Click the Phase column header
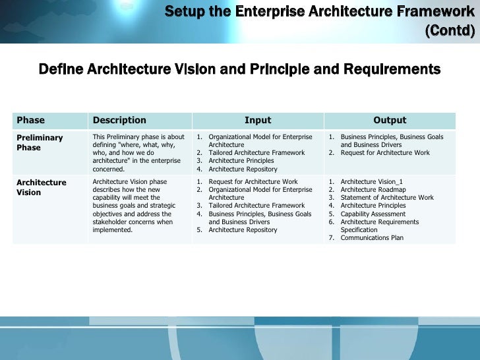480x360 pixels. coord(30,120)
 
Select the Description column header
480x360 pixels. coord(119,120)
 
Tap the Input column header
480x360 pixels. coord(258,120)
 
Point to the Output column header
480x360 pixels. coord(390,120)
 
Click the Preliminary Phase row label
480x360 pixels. coord(40,142)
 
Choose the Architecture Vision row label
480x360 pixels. coord(41,187)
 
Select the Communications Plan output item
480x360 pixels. coord(372,238)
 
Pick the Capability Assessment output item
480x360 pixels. coord(373,214)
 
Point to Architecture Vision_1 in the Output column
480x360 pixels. coord(370,181)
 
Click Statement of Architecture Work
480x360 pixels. coord(387,198)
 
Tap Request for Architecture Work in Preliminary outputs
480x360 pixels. coord(385,153)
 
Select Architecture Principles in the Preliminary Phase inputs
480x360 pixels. coord(241,161)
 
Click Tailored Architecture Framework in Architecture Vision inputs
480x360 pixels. coord(256,206)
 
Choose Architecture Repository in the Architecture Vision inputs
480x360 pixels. coord(243,230)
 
